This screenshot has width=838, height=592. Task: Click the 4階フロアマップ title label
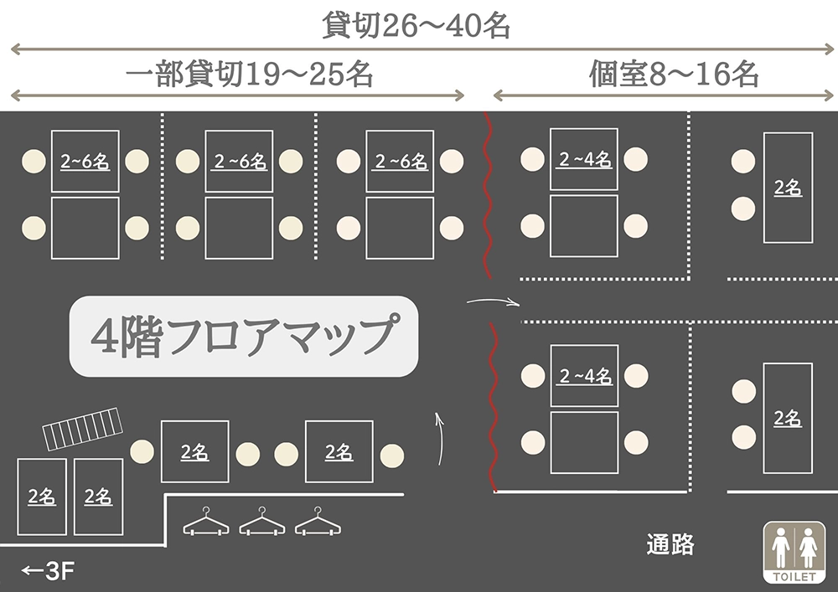(x=242, y=335)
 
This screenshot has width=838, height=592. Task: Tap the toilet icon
(x=794, y=552)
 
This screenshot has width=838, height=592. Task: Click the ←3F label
(x=49, y=572)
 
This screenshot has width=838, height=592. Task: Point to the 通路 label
(x=670, y=545)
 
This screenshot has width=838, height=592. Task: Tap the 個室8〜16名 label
(x=674, y=75)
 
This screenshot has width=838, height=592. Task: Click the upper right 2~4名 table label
(x=584, y=159)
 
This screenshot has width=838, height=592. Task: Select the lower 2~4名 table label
(x=584, y=377)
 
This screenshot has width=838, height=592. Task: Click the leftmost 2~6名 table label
(x=85, y=162)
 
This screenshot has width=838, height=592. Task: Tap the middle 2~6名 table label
(x=239, y=162)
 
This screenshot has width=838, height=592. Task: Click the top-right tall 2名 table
(x=787, y=188)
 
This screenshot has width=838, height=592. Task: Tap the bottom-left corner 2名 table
(x=41, y=496)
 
